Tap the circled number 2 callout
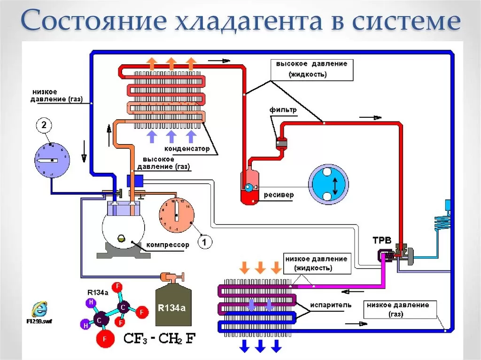[43, 125]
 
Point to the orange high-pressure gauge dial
[176, 215]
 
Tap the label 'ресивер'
[279, 194]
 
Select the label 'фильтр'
[283, 110]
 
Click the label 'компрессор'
[167, 245]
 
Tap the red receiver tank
[248, 187]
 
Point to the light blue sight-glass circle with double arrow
[328, 184]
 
